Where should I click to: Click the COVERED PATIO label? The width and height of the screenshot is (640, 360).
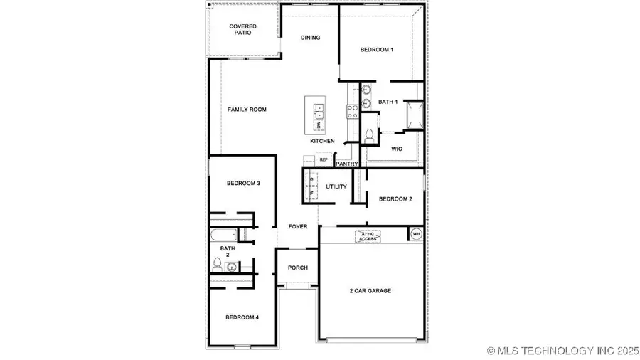[x=242, y=30]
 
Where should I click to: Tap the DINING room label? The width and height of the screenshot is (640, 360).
[x=310, y=38]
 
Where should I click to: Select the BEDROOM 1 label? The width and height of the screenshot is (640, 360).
[x=376, y=50]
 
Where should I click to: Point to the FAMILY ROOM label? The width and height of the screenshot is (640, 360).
[x=247, y=110]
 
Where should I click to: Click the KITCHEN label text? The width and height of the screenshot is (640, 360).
[x=322, y=141]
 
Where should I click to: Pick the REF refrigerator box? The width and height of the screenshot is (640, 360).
[x=324, y=160]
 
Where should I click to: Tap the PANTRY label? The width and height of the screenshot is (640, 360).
[x=347, y=164]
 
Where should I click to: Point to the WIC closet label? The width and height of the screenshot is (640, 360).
[x=397, y=149]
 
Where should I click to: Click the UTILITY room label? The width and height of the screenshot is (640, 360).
[x=336, y=186]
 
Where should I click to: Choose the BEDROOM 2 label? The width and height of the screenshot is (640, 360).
[x=395, y=199]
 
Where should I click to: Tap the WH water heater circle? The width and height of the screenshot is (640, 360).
[x=416, y=234]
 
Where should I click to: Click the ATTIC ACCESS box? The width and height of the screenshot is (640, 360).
[x=368, y=236]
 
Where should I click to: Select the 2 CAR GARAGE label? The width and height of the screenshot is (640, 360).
[x=370, y=290]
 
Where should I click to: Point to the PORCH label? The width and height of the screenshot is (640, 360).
[x=297, y=268]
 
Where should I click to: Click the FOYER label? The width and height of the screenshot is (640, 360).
[x=298, y=226]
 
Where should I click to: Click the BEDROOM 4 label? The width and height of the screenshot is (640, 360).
[x=242, y=317]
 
